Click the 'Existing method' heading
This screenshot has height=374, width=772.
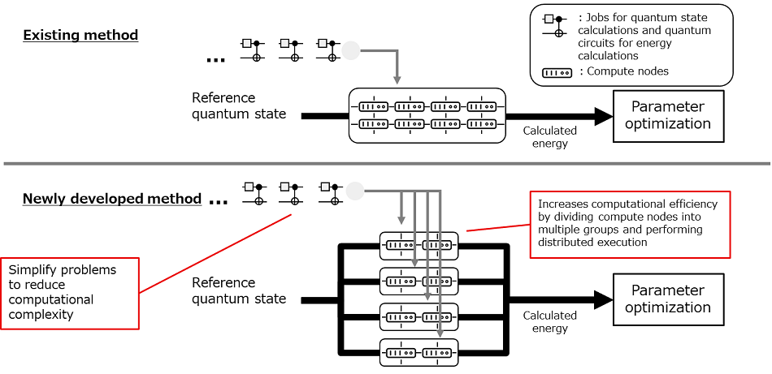pyautogui.click(x=80, y=35)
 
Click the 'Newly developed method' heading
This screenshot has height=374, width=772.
pyautogui.click(x=111, y=199)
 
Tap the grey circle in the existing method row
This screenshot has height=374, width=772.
pyautogui.click(x=350, y=50)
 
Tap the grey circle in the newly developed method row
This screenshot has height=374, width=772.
pyautogui.click(x=354, y=191)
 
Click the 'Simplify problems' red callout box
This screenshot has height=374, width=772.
pyautogui.click(x=69, y=292)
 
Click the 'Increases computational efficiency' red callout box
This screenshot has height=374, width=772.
pyautogui.click(x=630, y=225)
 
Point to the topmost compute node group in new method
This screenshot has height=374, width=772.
pyautogui.click(x=419, y=244)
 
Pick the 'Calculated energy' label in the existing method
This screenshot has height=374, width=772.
pyautogui.click(x=549, y=136)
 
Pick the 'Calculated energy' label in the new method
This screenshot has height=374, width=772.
pyautogui.click(x=549, y=321)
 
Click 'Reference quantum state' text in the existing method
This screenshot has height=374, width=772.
pyautogui.click(x=239, y=106)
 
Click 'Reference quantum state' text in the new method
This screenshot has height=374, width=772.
pyautogui.click(x=239, y=290)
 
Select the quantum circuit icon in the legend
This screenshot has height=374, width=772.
pyautogui.click(x=554, y=25)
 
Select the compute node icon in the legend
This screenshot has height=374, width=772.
pyautogui.click(x=556, y=71)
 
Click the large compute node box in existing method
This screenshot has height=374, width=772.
pyautogui.click(x=427, y=115)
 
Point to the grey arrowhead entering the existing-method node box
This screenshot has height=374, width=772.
pyautogui.click(x=397, y=80)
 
